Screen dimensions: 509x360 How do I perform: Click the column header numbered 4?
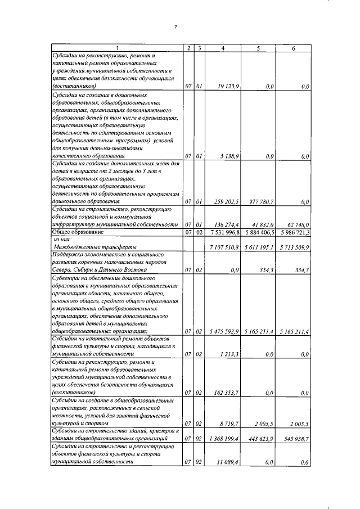coord(223,48)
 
